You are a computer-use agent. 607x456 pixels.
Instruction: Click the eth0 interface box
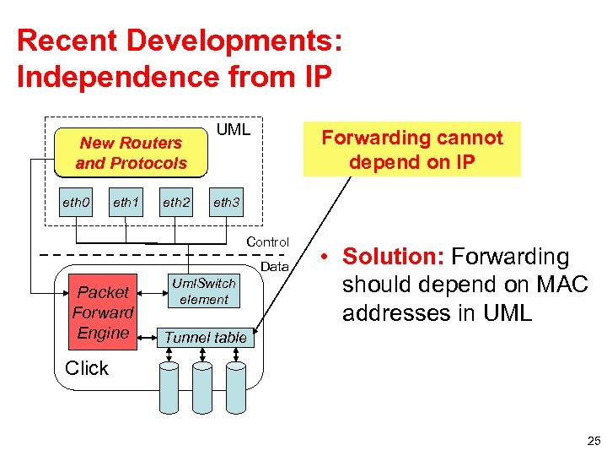tap(76, 203)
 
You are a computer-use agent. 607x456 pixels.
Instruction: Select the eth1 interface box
tap(126, 203)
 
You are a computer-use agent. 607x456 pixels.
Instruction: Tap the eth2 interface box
tap(176, 203)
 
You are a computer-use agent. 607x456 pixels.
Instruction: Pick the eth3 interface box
tap(226, 203)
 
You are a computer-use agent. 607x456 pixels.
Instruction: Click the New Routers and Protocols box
tap(131, 153)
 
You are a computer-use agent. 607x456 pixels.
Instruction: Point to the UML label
tap(234, 130)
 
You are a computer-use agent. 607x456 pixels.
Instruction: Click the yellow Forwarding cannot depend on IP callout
tap(412, 149)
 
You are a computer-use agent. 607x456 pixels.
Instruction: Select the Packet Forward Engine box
tap(103, 312)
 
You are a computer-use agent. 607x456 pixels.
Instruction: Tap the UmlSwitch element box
tap(204, 290)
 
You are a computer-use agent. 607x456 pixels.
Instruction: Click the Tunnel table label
tap(206, 338)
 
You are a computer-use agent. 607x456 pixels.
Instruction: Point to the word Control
tap(267, 242)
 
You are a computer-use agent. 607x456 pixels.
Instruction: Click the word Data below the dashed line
tap(275, 267)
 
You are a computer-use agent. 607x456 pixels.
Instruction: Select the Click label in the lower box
tap(86, 369)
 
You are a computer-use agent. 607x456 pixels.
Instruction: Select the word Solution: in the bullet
tap(394, 257)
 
